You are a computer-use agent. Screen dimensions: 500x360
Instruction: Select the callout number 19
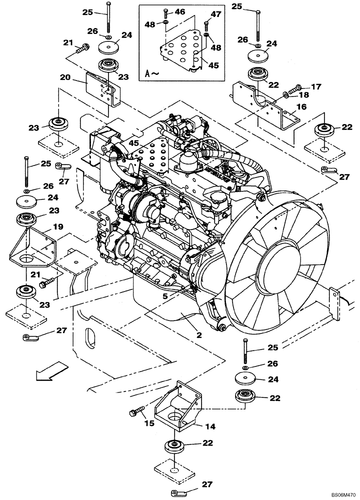(58, 226)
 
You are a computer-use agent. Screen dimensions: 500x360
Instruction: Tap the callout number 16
(301, 106)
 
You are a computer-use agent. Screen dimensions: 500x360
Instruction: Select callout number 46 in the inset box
(179, 11)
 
